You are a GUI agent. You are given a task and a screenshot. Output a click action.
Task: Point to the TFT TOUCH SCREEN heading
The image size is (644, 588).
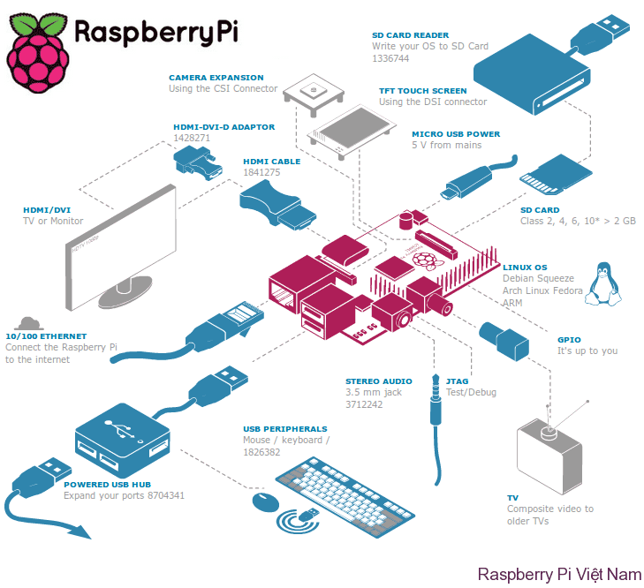(x=422, y=91)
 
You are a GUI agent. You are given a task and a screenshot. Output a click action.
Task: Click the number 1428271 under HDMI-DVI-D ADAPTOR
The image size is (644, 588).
(x=191, y=138)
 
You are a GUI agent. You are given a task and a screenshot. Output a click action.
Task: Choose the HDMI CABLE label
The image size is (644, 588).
(x=271, y=162)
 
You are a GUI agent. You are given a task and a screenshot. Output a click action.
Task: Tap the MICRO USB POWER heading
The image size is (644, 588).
(x=455, y=134)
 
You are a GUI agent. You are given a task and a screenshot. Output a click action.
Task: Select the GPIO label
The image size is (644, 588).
(x=569, y=339)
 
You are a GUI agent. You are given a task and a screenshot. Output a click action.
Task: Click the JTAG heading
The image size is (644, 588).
(x=457, y=381)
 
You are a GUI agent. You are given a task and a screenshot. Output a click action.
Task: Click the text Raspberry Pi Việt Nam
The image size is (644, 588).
(x=558, y=574)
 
